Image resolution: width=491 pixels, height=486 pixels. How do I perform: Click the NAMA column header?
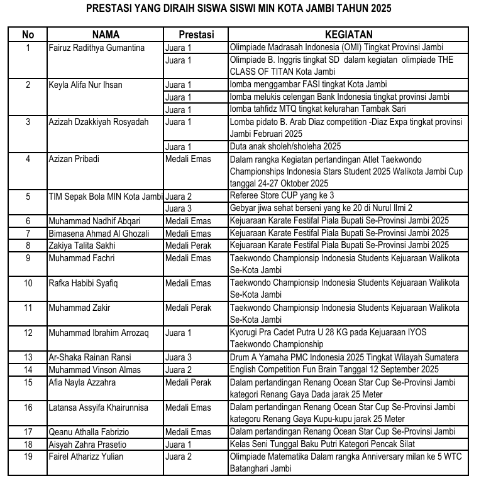[106, 35]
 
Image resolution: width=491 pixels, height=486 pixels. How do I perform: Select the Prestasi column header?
[196, 35]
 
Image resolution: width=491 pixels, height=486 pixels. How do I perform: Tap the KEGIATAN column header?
[348, 35]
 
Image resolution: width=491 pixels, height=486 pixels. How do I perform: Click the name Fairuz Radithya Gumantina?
[96, 48]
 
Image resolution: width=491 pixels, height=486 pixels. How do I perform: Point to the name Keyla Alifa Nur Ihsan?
[85, 85]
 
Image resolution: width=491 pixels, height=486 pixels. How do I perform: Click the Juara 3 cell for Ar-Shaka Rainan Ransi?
[179, 357]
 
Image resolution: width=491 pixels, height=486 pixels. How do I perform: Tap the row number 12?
[28, 332]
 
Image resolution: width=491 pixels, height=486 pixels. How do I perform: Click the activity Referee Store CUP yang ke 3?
[282, 196]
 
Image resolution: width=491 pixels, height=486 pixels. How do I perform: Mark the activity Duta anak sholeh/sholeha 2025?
[285, 146]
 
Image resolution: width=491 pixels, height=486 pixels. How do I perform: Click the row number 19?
[28, 456]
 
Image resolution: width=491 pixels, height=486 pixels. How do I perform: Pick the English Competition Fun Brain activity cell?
[334, 370]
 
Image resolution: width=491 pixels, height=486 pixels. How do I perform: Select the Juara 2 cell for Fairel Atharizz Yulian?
[179, 456]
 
